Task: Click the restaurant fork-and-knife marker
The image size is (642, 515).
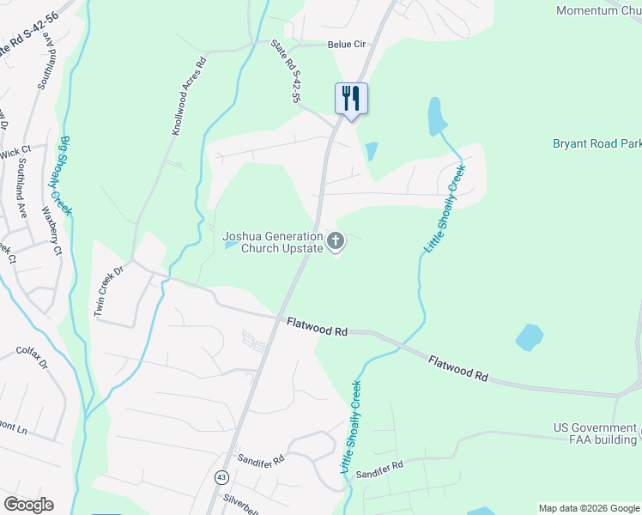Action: click(351, 98)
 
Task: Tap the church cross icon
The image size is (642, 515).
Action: click(336, 241)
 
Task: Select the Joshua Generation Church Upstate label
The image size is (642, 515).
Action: click(273, 242)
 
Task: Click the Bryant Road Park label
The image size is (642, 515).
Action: click(597, 143)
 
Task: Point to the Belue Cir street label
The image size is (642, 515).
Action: click(347, 45)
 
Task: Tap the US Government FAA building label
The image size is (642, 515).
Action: click(595, 433)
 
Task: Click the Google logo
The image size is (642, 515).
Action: click(28, 504)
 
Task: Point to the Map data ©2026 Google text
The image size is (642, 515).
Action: click(587, 507)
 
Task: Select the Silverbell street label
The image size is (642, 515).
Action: click(245, 498)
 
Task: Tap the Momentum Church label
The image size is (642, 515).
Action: click(599, 10)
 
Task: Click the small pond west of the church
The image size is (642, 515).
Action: click(231, 245)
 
